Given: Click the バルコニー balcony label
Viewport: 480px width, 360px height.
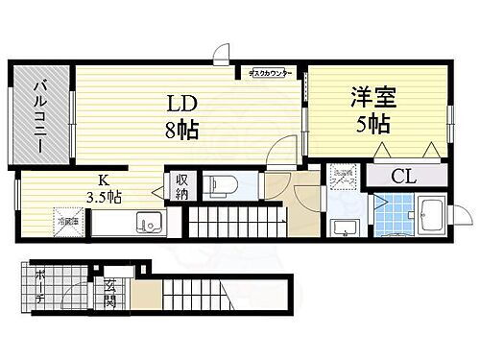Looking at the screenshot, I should [x=42, y=111].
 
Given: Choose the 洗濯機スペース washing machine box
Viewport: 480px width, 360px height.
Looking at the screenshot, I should [x=342, y=176].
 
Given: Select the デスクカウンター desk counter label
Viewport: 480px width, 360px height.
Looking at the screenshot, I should [x=271, y=72].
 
